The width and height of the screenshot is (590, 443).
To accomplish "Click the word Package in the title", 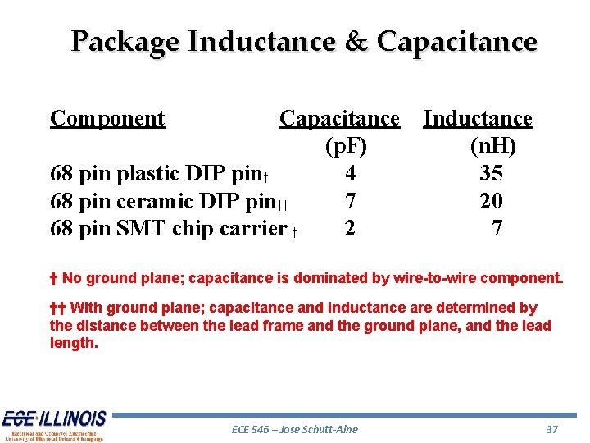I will pyautogui.click(x=126, y=41).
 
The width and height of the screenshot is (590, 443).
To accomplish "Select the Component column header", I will pyautogui.click(x=107, y=118).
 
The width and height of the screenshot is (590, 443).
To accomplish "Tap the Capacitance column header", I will pyautogui.click(x=339, y=118).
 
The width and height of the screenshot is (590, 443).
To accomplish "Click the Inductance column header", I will pyautogui.click(x=478, y=118).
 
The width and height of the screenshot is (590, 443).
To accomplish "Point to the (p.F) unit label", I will pyautogui.click(x=346, y=146).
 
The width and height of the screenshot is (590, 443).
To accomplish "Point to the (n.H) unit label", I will pyautogui.click(x=492, y=146).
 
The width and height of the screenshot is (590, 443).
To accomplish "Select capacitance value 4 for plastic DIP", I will pyautogui.click(x=351, y=173).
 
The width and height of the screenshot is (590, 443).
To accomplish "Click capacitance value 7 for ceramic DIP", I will pyautogui.click(x=351, y=201).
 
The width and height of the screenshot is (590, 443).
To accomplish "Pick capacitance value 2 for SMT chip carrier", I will pyautogui.click(x=350, y=228).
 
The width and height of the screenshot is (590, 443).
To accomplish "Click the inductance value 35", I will pyautogui.click(x=492, y=173).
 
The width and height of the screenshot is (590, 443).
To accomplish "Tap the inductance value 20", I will pyautogui.click(x=492, y=201).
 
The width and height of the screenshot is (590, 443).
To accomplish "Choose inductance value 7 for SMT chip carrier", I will pyautogui.click(x=497, y=228).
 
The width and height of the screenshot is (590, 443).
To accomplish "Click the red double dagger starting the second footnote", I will pyautogui.click(x=57, y=308).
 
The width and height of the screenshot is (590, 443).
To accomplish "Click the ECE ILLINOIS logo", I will pyautogui.click(x=54, y=425).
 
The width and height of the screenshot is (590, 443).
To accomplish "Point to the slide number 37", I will pyautogui.click(x=551, y=429).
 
